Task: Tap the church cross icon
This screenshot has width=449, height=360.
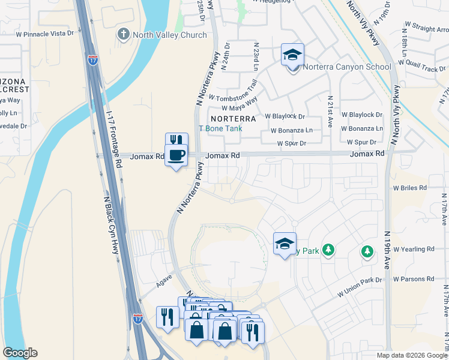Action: coord(124,35)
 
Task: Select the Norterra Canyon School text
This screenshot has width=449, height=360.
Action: coord(347,67)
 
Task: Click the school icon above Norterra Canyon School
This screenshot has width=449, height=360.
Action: coord(292,55)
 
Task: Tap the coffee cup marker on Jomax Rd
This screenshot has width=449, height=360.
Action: coord(176,156)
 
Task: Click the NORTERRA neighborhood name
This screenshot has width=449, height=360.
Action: coord(233,119)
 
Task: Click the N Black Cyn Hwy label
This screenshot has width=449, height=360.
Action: coord(112,225)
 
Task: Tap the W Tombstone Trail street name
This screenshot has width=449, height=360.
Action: coord(233,91)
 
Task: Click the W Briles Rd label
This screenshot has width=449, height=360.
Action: coord(409,187)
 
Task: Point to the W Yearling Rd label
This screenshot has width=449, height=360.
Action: coord(414,248)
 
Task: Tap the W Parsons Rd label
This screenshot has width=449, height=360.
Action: coord(414,279)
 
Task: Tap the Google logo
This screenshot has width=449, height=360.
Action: coord(20,353)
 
